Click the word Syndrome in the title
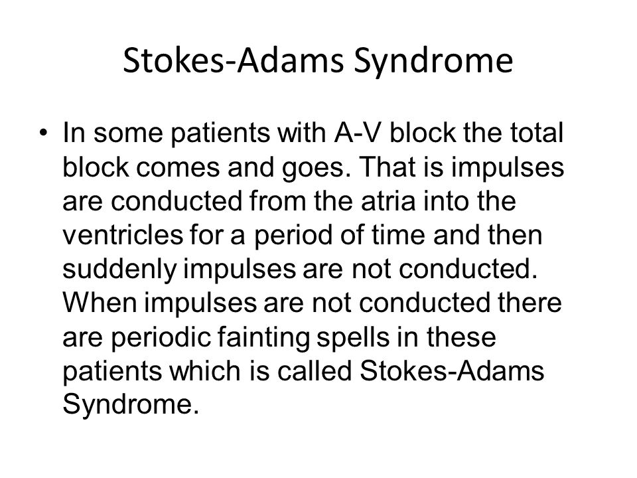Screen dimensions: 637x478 [433, 61]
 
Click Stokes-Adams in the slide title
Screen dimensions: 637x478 [234, 60]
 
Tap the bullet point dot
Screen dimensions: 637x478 [42, 133]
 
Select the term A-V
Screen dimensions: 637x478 [358, 133]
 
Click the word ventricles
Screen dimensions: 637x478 [123, 235]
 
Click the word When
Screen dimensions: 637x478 [100, 303]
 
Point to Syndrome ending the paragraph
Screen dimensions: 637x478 [131, 406]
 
